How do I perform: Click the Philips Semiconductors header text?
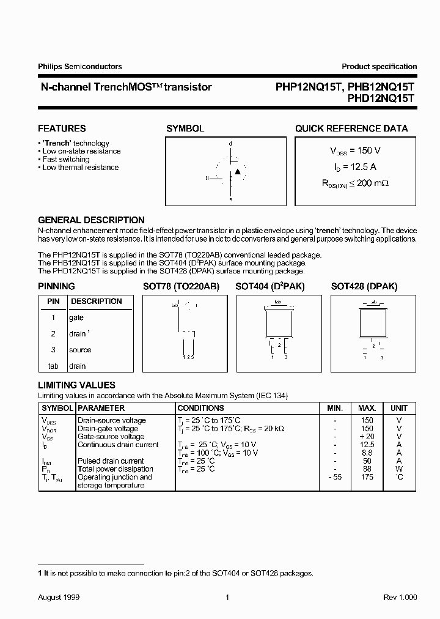point(79,67)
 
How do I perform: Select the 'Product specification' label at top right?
point(379,67)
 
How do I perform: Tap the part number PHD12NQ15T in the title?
point(381,98)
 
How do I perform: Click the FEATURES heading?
point(62,128)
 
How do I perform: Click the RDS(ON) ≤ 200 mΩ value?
point(355,182)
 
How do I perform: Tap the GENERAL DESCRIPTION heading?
point(91,220)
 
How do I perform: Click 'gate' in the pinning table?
point(76,317)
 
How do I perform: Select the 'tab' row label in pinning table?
point(53,366)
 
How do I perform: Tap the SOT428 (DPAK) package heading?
point(364,286)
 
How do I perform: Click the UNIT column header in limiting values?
point(399,408)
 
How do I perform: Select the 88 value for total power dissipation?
point(367,469)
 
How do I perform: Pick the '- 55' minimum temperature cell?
point(335,477)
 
